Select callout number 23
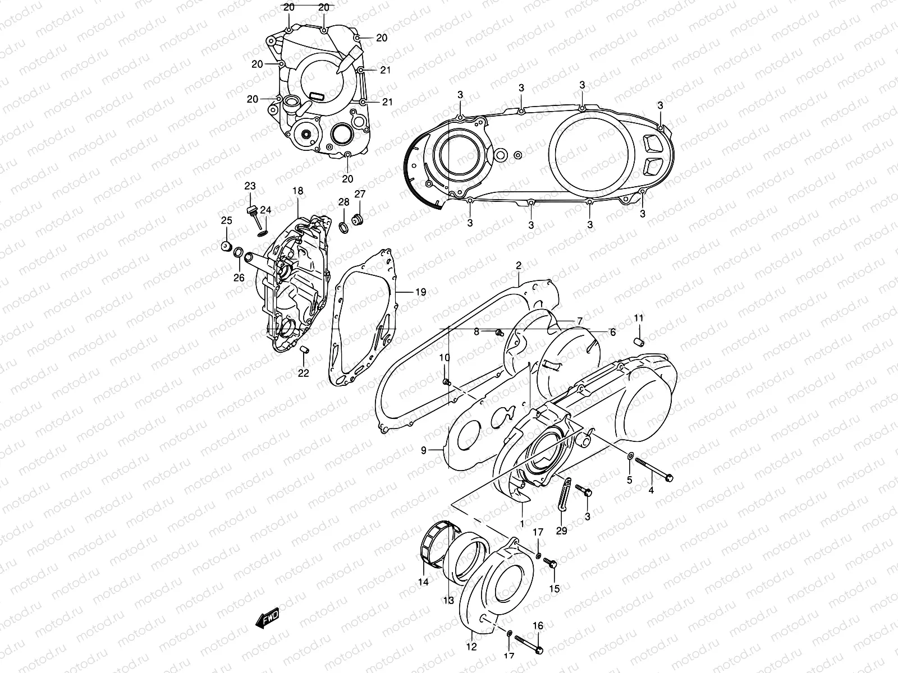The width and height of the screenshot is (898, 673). click(250, 186)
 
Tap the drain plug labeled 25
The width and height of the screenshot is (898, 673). click(227, 247)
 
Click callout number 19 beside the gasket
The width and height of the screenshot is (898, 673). click(420, 292)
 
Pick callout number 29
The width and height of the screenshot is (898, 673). click(561, 531)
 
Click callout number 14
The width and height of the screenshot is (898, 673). click(423, 582)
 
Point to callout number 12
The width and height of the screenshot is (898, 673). click(471, 647)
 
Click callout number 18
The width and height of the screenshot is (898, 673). click(297, 191)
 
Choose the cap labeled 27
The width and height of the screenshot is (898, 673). click(356, 218)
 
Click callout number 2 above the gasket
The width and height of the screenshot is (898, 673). click(519, 265)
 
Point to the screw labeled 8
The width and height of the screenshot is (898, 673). click(497, 334)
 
